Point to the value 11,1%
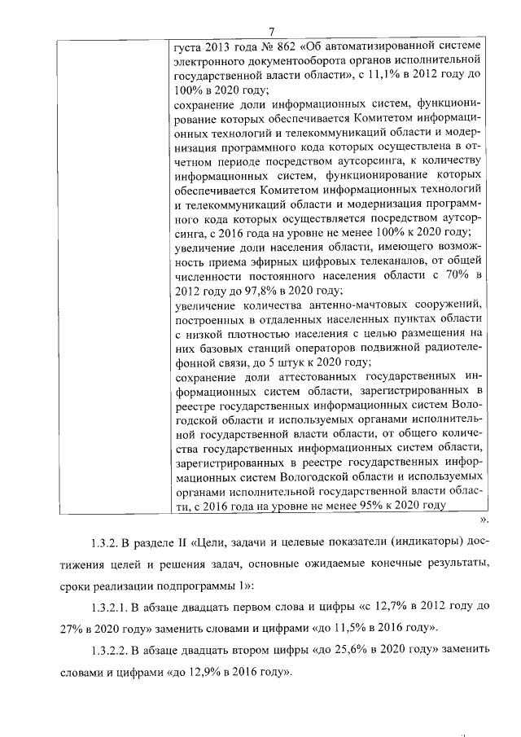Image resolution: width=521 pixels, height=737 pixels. click(x=392, y=74)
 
